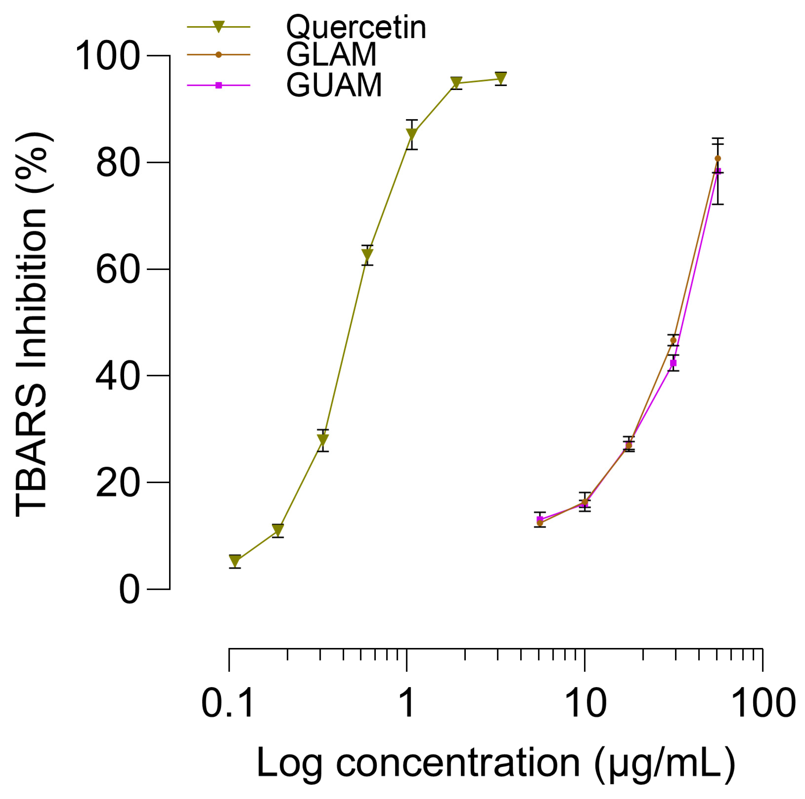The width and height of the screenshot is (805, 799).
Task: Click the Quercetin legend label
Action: [356, 28]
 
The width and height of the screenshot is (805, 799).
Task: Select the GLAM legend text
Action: [331, 55]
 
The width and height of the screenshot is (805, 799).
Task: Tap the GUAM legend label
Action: [334, 85]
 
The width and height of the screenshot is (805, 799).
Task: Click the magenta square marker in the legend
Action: [218, 85]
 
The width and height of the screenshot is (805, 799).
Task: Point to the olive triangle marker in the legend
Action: [218, 27]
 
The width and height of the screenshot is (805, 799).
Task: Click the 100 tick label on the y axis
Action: [107, 56]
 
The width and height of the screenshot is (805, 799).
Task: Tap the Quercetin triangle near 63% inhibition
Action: [367, 254]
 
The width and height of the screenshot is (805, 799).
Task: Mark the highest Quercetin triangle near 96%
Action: [501, 78]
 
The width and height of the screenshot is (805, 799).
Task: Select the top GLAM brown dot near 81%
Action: [717, 158]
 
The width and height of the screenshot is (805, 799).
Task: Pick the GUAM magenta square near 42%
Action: [673, 363]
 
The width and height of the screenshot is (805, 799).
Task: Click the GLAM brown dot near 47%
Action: [673, 340]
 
